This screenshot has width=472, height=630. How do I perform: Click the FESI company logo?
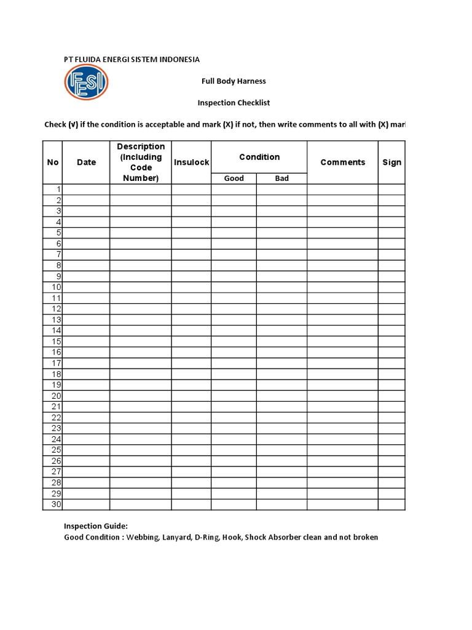point(86,82)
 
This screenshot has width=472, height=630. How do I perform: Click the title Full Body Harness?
point(234,81)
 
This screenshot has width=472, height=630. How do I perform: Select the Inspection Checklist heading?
point(234,103)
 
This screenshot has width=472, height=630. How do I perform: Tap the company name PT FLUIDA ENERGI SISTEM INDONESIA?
point(132,60)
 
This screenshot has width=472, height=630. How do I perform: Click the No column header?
point(53,162)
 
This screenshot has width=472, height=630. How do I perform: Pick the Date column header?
point(87,162)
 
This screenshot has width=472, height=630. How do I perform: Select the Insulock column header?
point(192,162)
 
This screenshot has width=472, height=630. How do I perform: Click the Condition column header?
point(259,157)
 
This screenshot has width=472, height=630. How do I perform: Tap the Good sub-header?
point(234,178)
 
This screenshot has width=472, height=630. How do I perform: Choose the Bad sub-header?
point(282,178)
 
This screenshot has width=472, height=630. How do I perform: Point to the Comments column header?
point(342,162)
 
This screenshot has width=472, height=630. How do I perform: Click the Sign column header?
point(391,162)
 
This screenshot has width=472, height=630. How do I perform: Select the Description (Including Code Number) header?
point(141,162)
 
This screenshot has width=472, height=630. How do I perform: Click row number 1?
point(58,189)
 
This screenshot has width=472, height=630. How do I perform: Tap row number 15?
point(57,341)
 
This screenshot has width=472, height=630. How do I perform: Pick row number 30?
point(57,504)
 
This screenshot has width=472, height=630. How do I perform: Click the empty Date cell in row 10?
point(87,287)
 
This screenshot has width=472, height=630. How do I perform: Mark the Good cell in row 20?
point(234,396)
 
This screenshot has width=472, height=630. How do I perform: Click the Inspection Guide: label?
point(96,526)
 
